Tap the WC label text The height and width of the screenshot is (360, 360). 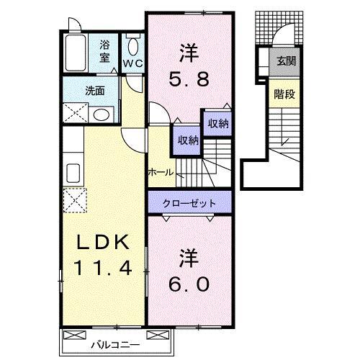[132, 63]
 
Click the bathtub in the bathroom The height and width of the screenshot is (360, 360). [76, 52]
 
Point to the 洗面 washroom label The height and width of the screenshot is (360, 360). [94, 91]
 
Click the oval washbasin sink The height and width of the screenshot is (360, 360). [102, 114]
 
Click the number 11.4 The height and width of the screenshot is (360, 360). [102, 270]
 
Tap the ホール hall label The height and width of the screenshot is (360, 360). [160, 173]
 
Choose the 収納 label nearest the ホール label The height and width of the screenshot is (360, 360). [185, 140]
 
